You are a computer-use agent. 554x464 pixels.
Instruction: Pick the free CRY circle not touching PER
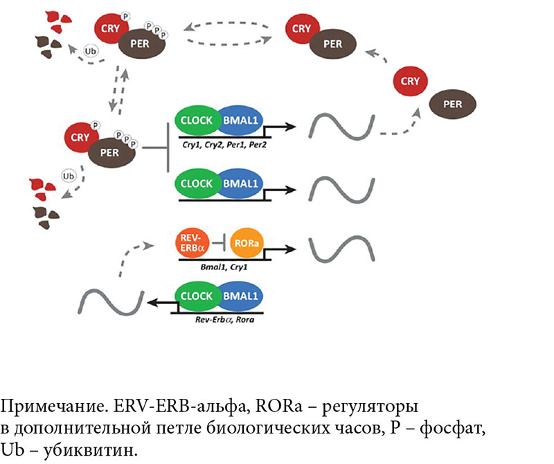pos(411,81)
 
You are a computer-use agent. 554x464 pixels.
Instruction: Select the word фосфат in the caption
pos(457,427)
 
